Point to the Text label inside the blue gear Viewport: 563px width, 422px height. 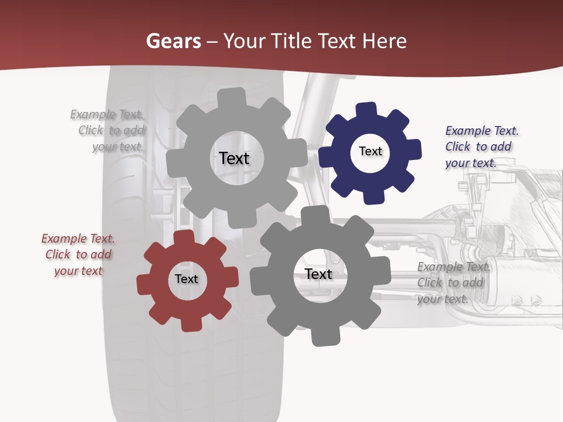pos(370,151)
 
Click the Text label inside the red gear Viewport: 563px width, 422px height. pos(186,280)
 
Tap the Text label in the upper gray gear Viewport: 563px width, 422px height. pos(234,158)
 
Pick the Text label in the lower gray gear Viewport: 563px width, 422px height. pos(318,274)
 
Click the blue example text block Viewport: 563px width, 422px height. pos(481,147)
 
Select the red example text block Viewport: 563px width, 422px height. pos(78,254)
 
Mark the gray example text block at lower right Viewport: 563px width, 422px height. pos(453,283)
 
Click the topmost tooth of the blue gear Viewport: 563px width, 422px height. pos(367,110)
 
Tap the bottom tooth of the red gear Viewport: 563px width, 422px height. pos(190,323)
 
